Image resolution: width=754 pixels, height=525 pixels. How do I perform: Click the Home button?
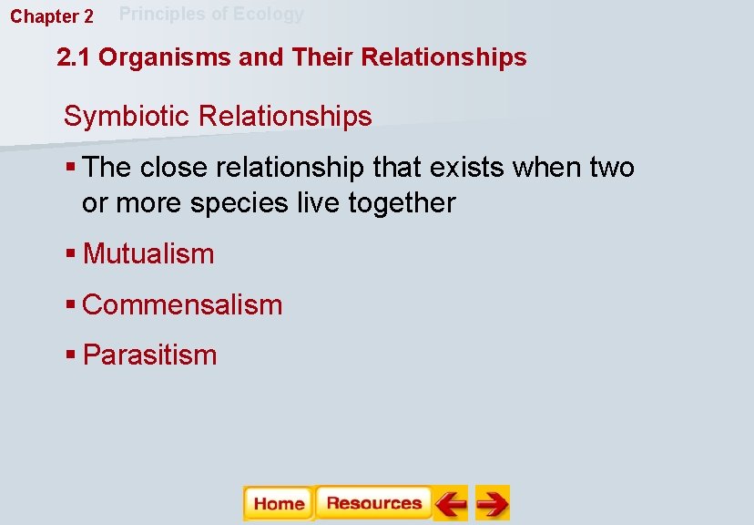click(279, 503)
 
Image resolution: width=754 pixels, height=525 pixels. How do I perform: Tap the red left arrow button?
click(450, 503)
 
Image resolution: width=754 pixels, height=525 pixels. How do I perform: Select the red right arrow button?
click(492, 503)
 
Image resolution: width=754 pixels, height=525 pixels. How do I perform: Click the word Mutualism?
click(148, 253)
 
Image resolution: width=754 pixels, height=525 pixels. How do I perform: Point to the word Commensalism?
click(182, 304)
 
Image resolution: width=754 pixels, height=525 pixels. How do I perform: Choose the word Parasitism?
click(149, 355)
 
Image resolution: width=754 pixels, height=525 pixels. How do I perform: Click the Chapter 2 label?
click(52, 16)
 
